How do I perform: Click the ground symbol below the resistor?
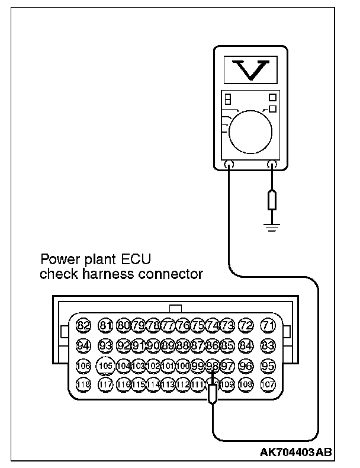272,226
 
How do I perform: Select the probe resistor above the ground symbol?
272,200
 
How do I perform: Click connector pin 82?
83,325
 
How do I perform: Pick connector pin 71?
269,325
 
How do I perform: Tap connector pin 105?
106,366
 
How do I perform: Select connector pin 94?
83,345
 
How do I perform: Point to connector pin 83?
269,345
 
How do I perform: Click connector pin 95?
269,366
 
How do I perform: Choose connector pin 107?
269,384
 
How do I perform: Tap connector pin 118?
83,384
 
